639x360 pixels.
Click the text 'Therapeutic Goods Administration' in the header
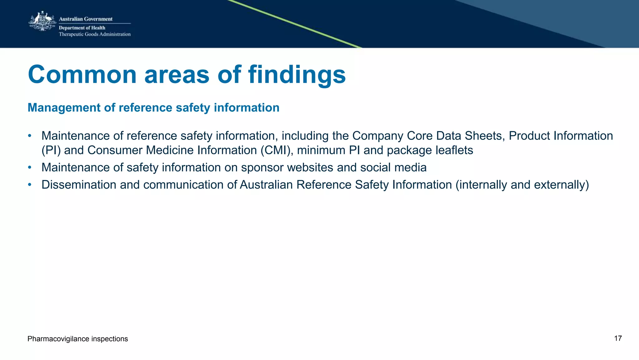[x=95, y=34]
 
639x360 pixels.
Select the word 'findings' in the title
[x=297, y=75]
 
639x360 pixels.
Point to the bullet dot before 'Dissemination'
[x=30, y=185]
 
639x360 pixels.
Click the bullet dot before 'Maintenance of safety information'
[x=30, y=167]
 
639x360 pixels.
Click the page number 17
[x=618, y=338]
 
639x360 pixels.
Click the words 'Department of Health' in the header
[x=82, y=28]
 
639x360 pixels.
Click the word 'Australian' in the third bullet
[x=266, y=185]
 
